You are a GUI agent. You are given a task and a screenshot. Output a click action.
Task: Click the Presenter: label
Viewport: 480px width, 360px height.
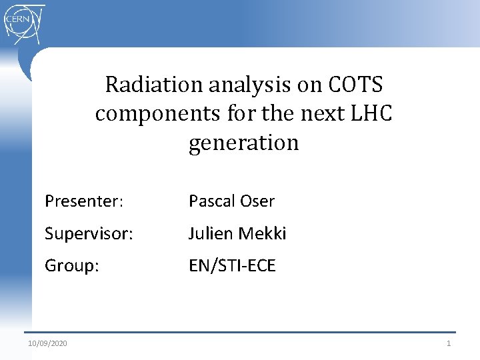pyautogui.click(x=84, y=201)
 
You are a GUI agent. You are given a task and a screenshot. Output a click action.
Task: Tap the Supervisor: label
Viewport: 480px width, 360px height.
pyautogui.click(x=89, y=233)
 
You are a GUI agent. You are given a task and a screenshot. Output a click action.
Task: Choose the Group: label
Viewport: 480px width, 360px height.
pyautogui.click(x=72, y=266)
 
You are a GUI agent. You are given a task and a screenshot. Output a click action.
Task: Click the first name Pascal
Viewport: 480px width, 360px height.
pyautogui.click(x=211, y=201)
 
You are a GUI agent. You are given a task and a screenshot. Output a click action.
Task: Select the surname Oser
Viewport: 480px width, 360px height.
pyautogui.click(x=257, y=201)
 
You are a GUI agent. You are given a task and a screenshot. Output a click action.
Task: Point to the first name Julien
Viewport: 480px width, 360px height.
pyautogui.click(x=209, y=233)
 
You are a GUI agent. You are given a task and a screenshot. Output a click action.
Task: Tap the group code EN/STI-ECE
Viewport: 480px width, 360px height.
pyautogui.click(x=232, y=266)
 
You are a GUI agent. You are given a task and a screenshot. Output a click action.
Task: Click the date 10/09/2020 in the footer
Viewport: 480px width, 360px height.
pyautogui.click(x=47, y=343)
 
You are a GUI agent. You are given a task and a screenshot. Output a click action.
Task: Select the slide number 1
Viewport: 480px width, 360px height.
pyautogui.click(x=449, y=343)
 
